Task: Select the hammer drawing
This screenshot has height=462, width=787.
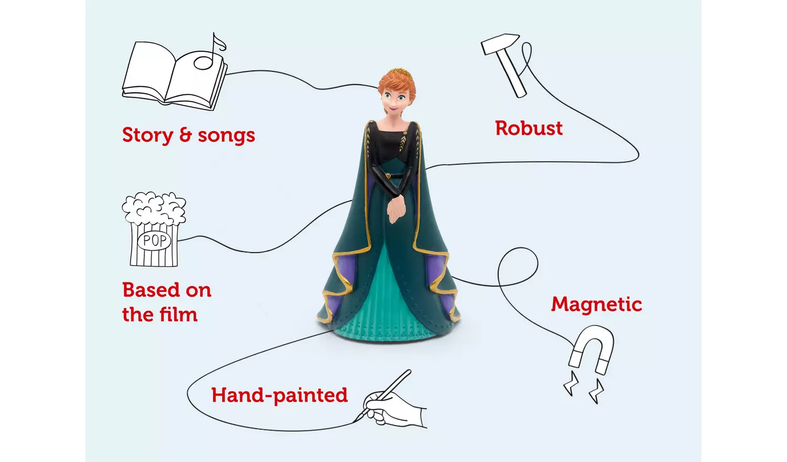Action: coord(505,63)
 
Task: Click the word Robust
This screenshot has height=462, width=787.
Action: coord(528,129)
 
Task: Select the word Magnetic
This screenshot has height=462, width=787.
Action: coord(596,304)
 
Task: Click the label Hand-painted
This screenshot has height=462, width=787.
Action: coord(279,395)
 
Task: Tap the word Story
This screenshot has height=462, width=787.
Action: coord(147,135)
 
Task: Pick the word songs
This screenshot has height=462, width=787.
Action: coord(226,136)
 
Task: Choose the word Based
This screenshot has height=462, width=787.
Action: coord(151,290)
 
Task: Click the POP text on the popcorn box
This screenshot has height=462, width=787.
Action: coord(155,241)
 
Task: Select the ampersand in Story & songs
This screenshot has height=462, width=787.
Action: coord(186,135)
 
